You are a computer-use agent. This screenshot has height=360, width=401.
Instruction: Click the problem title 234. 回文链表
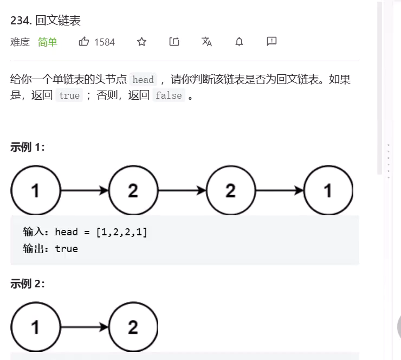coord(46,21)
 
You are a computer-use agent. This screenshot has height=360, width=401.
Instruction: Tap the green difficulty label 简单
coord(48,42)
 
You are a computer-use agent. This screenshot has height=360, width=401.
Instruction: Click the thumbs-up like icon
coord(84,42)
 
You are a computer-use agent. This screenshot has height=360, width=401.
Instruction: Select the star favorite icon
coord(141,42)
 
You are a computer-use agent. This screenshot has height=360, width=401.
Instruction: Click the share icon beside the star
coord(174,42)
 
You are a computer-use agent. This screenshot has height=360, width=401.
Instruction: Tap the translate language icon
coord(206,42)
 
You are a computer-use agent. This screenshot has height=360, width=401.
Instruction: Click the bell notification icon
coord(239,42)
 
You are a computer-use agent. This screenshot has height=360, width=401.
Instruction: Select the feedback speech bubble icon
coord(271,42)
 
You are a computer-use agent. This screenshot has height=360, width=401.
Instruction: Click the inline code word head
coord(143,80)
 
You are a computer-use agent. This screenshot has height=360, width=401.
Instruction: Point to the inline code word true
coord(69,96)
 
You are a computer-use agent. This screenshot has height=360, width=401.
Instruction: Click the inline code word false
coord(168,96)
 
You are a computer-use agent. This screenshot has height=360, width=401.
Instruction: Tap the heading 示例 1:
coord(28,147)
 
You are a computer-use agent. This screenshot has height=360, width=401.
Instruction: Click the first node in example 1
coord(35,190)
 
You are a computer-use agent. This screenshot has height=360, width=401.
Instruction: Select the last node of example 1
coord(328,190)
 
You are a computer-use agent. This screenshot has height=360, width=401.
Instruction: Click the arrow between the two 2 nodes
coord(182,190)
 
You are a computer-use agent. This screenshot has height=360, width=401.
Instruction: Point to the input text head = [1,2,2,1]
coord(101,232)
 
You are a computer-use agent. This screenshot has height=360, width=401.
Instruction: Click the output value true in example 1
coord(66,249)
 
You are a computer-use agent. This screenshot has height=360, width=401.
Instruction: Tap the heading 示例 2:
coord(28,284)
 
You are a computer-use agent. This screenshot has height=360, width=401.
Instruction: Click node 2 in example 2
coord(133,327)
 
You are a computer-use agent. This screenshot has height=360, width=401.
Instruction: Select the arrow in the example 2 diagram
coord(84,327)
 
